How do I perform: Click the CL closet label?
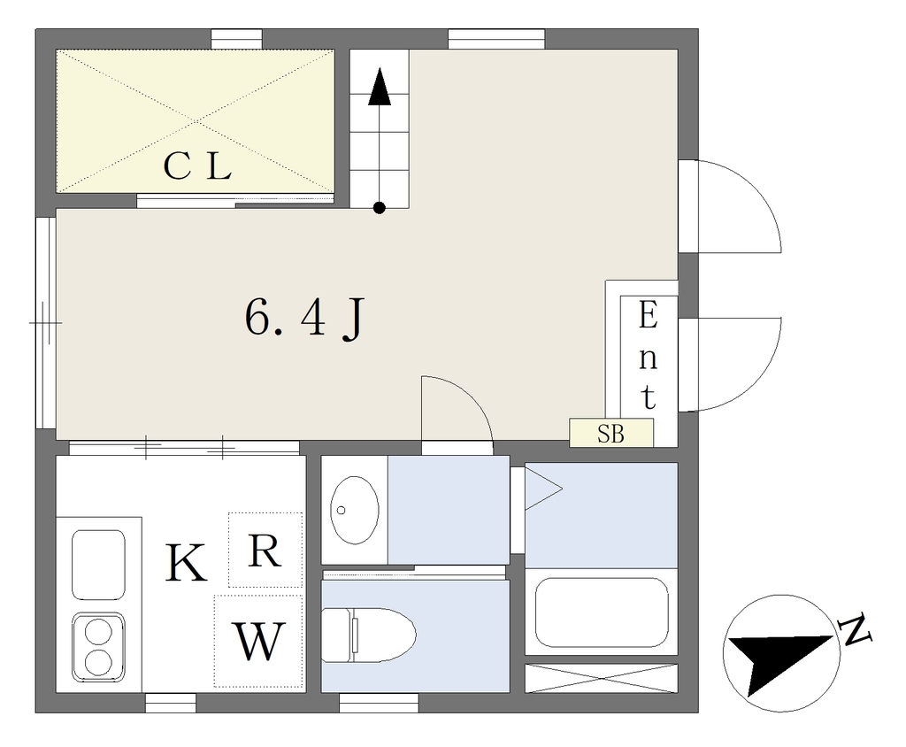(x=197, y=166)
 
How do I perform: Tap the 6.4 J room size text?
(x=304, y=319)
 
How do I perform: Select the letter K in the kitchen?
(x=186, y=563)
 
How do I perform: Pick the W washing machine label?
(x=259, y=641)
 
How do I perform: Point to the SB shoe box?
(x=611, y=433)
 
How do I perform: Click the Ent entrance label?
(x=649, y=356)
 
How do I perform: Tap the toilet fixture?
(x=369, y=635)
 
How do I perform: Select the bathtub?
(x=602, y=612)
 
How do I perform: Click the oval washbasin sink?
(x=354, y=510)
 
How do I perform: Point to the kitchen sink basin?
(x=98, y=565)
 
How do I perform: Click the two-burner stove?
(x=98, y=647)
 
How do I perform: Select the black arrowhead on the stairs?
(x=380, y=87)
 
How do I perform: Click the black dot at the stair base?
(x=379, y=208)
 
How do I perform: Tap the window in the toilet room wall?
(x=379, y=703)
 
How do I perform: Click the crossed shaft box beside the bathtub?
(x=601, y=678)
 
